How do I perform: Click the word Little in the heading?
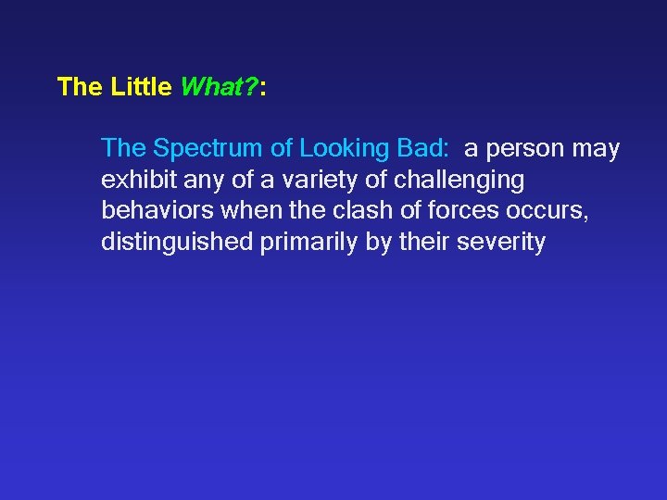(141, 88)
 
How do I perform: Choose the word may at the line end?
(598, 148)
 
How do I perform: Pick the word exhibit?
(131, 179)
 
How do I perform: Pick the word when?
(245, 210)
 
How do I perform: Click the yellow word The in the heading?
(80, 88)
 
